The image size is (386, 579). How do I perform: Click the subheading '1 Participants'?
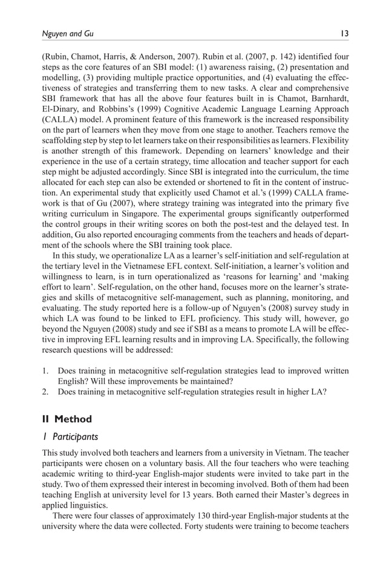point(70,436)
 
